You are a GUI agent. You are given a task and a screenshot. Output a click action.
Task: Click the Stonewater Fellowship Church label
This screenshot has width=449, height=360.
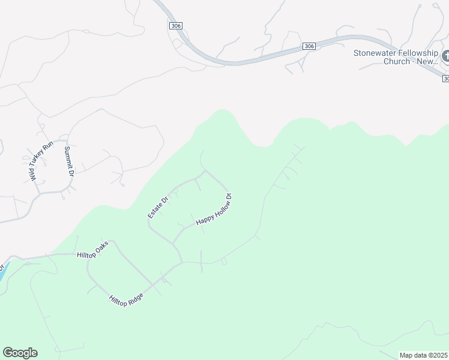(x=396, y=57)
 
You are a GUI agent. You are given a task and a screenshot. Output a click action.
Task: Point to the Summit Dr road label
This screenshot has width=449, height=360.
(x=68, y=161)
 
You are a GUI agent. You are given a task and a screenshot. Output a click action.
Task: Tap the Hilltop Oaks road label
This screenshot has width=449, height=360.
(x=92, y=250)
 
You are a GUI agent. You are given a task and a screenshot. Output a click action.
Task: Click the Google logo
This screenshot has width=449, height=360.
(x=20, y=353)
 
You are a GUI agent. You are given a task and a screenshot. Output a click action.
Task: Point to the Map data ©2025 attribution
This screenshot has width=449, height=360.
(x=424, y=355)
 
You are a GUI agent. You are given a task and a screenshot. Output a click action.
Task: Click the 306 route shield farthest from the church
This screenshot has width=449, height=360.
(x=175, y=26)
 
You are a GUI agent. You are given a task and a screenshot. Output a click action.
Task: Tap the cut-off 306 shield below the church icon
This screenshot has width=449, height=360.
(x=446, y=79)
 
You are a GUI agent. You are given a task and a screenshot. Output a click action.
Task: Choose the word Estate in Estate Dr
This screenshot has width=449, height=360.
(x=155, y=209)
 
